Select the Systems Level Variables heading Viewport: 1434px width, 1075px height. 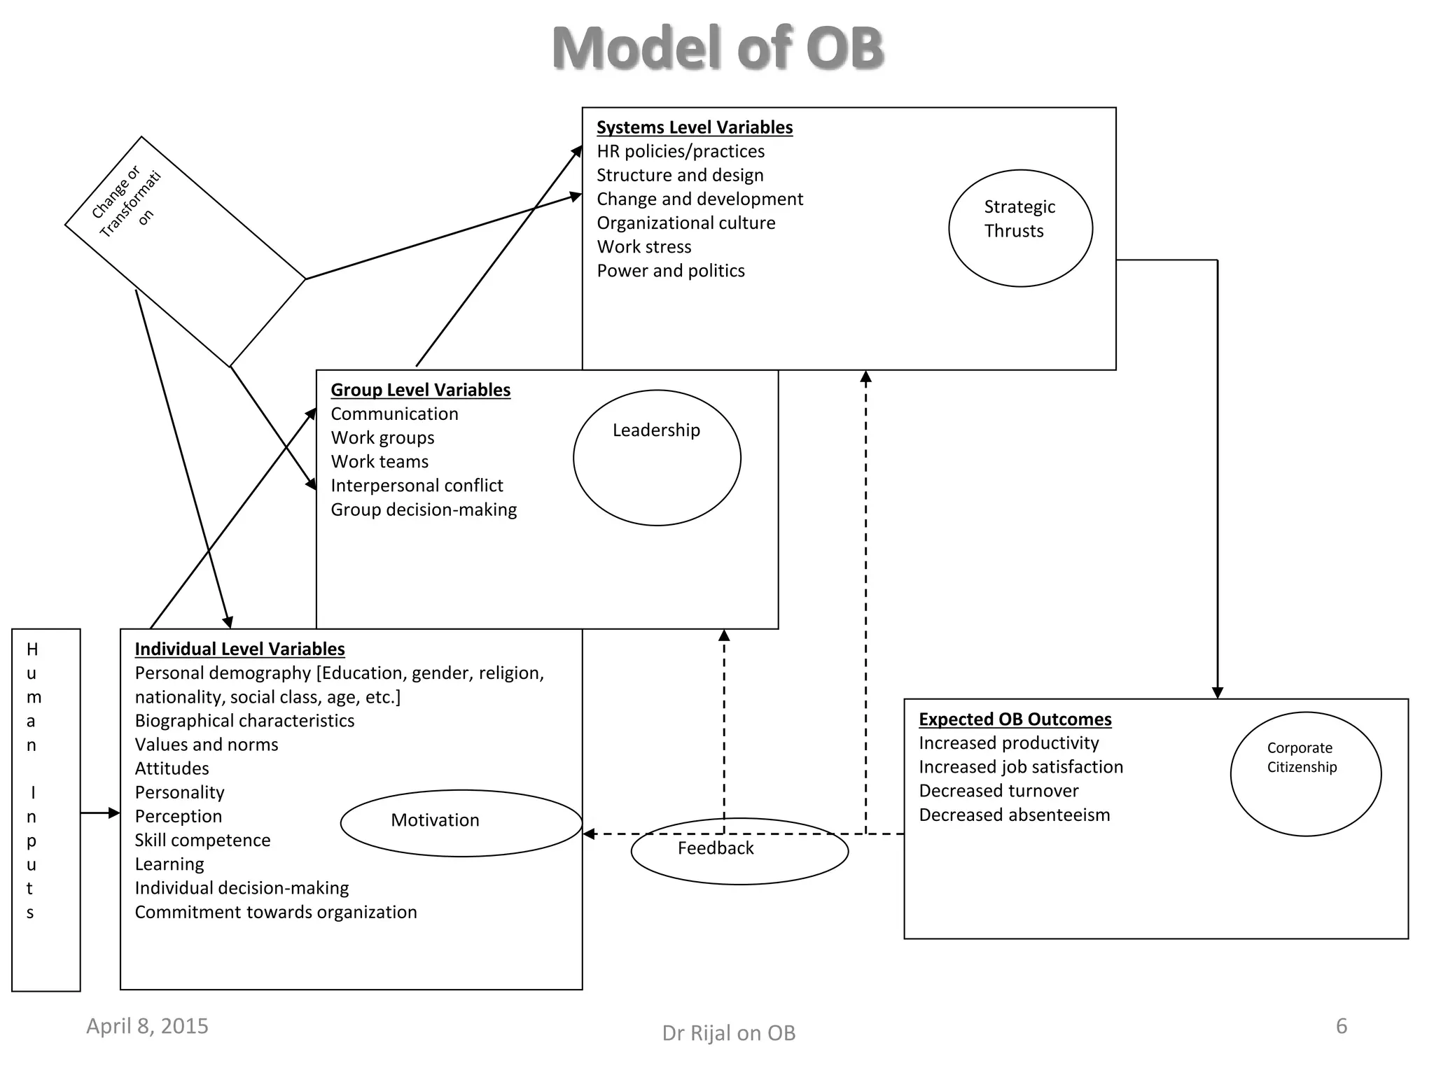(x=694, y=127)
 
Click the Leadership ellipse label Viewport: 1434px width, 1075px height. (x=656, y=430)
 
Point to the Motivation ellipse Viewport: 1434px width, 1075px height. (x=435, y=820)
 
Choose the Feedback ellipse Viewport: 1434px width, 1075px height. (x=716, y=849)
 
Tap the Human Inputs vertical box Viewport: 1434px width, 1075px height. (x=46, y=809)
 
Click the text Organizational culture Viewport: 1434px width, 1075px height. (x=685, y=223)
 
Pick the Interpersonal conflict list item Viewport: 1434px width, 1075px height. (x=417, y=486)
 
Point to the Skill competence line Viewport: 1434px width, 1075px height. (x=202, y=841)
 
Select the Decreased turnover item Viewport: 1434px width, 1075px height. (x=998, y=791)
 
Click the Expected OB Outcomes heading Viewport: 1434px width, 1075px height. (x=1015, y=719)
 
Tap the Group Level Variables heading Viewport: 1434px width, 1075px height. (x=420, y=390)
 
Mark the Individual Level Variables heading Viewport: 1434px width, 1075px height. (x=239, y=649)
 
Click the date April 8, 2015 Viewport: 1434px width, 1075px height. (x=147, y=1026)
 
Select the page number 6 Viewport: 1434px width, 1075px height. (x=1341, y=1026)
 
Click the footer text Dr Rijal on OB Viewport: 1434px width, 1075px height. (x=728, y=1033)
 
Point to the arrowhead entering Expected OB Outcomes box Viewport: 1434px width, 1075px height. (x=1217, y=692)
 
